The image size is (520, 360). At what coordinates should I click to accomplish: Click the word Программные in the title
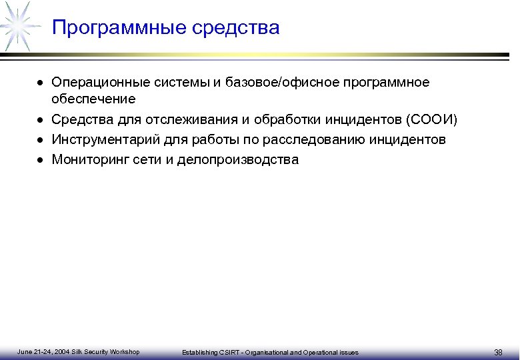119,28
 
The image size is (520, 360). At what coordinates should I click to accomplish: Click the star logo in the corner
18,25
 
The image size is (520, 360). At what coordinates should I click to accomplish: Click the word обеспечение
93,99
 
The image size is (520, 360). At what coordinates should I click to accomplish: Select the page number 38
498,352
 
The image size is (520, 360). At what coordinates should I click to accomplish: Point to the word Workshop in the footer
125,351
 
